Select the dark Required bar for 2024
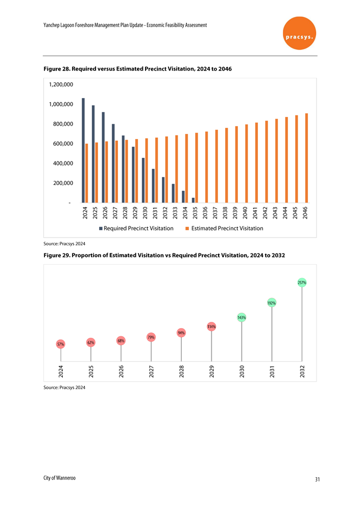(83, 150)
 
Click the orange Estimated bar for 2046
(306, 158)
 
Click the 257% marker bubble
(302, 282)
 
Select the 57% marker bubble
(61, 344)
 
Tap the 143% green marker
(242, 318)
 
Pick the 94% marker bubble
(181, 333)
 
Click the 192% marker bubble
(272, 303)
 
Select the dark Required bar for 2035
(193, 200)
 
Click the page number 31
(317, 479)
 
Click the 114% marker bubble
(211, 326)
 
